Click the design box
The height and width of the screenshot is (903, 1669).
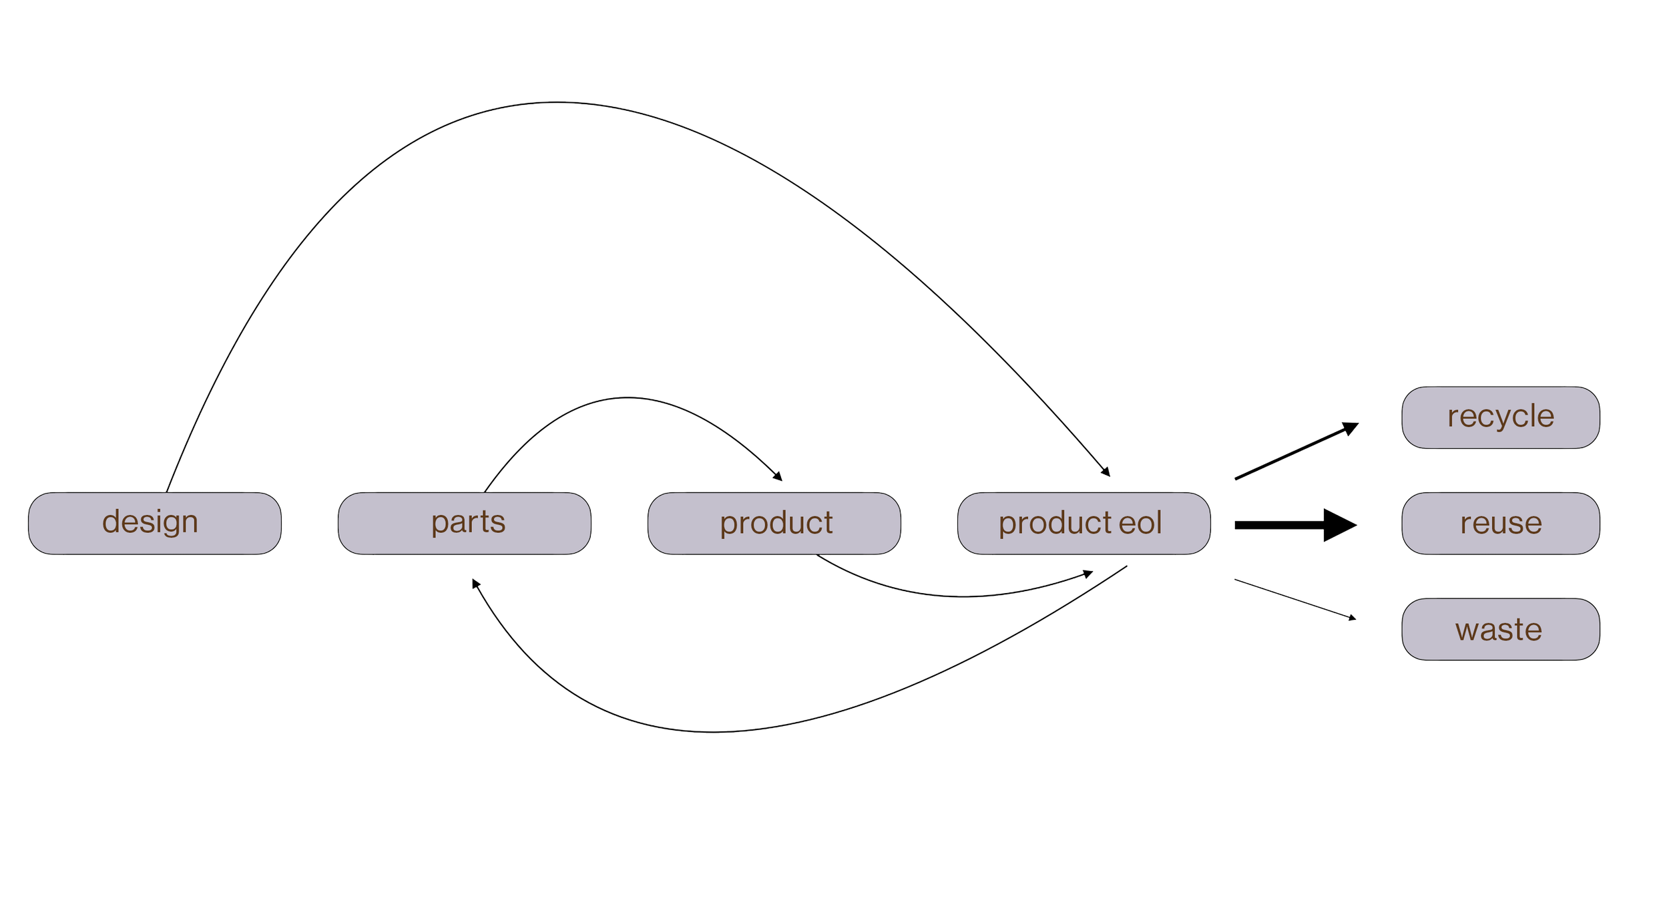click(x=154, y=523)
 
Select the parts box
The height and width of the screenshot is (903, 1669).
click(x=464, y=523)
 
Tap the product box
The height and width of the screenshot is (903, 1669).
click(x=774, y=523)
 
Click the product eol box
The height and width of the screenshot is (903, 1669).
click(x=1084, y=523)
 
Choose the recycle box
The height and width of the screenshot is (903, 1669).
click(x=1500, y=417)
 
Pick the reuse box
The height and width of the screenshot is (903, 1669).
click(x=1500, y=523)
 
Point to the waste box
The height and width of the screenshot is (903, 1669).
click(x=1500, y=629)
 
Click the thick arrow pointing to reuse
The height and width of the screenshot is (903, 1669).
click(x=1282, y=525)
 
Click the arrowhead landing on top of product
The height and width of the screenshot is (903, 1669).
click(x=777, y=477)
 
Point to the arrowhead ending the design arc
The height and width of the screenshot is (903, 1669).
click(x=1106, y=472)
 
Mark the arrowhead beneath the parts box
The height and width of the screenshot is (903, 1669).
click(x=476, y=585)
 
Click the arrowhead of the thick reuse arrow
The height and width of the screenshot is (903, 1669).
click(x=1341, y=525)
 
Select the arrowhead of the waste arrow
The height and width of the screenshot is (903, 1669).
click(x=1352, y=617)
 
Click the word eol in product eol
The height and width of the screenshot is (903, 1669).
click(x=1140, y=523)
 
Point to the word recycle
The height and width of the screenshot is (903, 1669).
click(x=1500, y=417)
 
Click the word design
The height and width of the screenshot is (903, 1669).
click(x=150, y=522)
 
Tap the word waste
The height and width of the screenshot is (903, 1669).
click(x=1499, y=630)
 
